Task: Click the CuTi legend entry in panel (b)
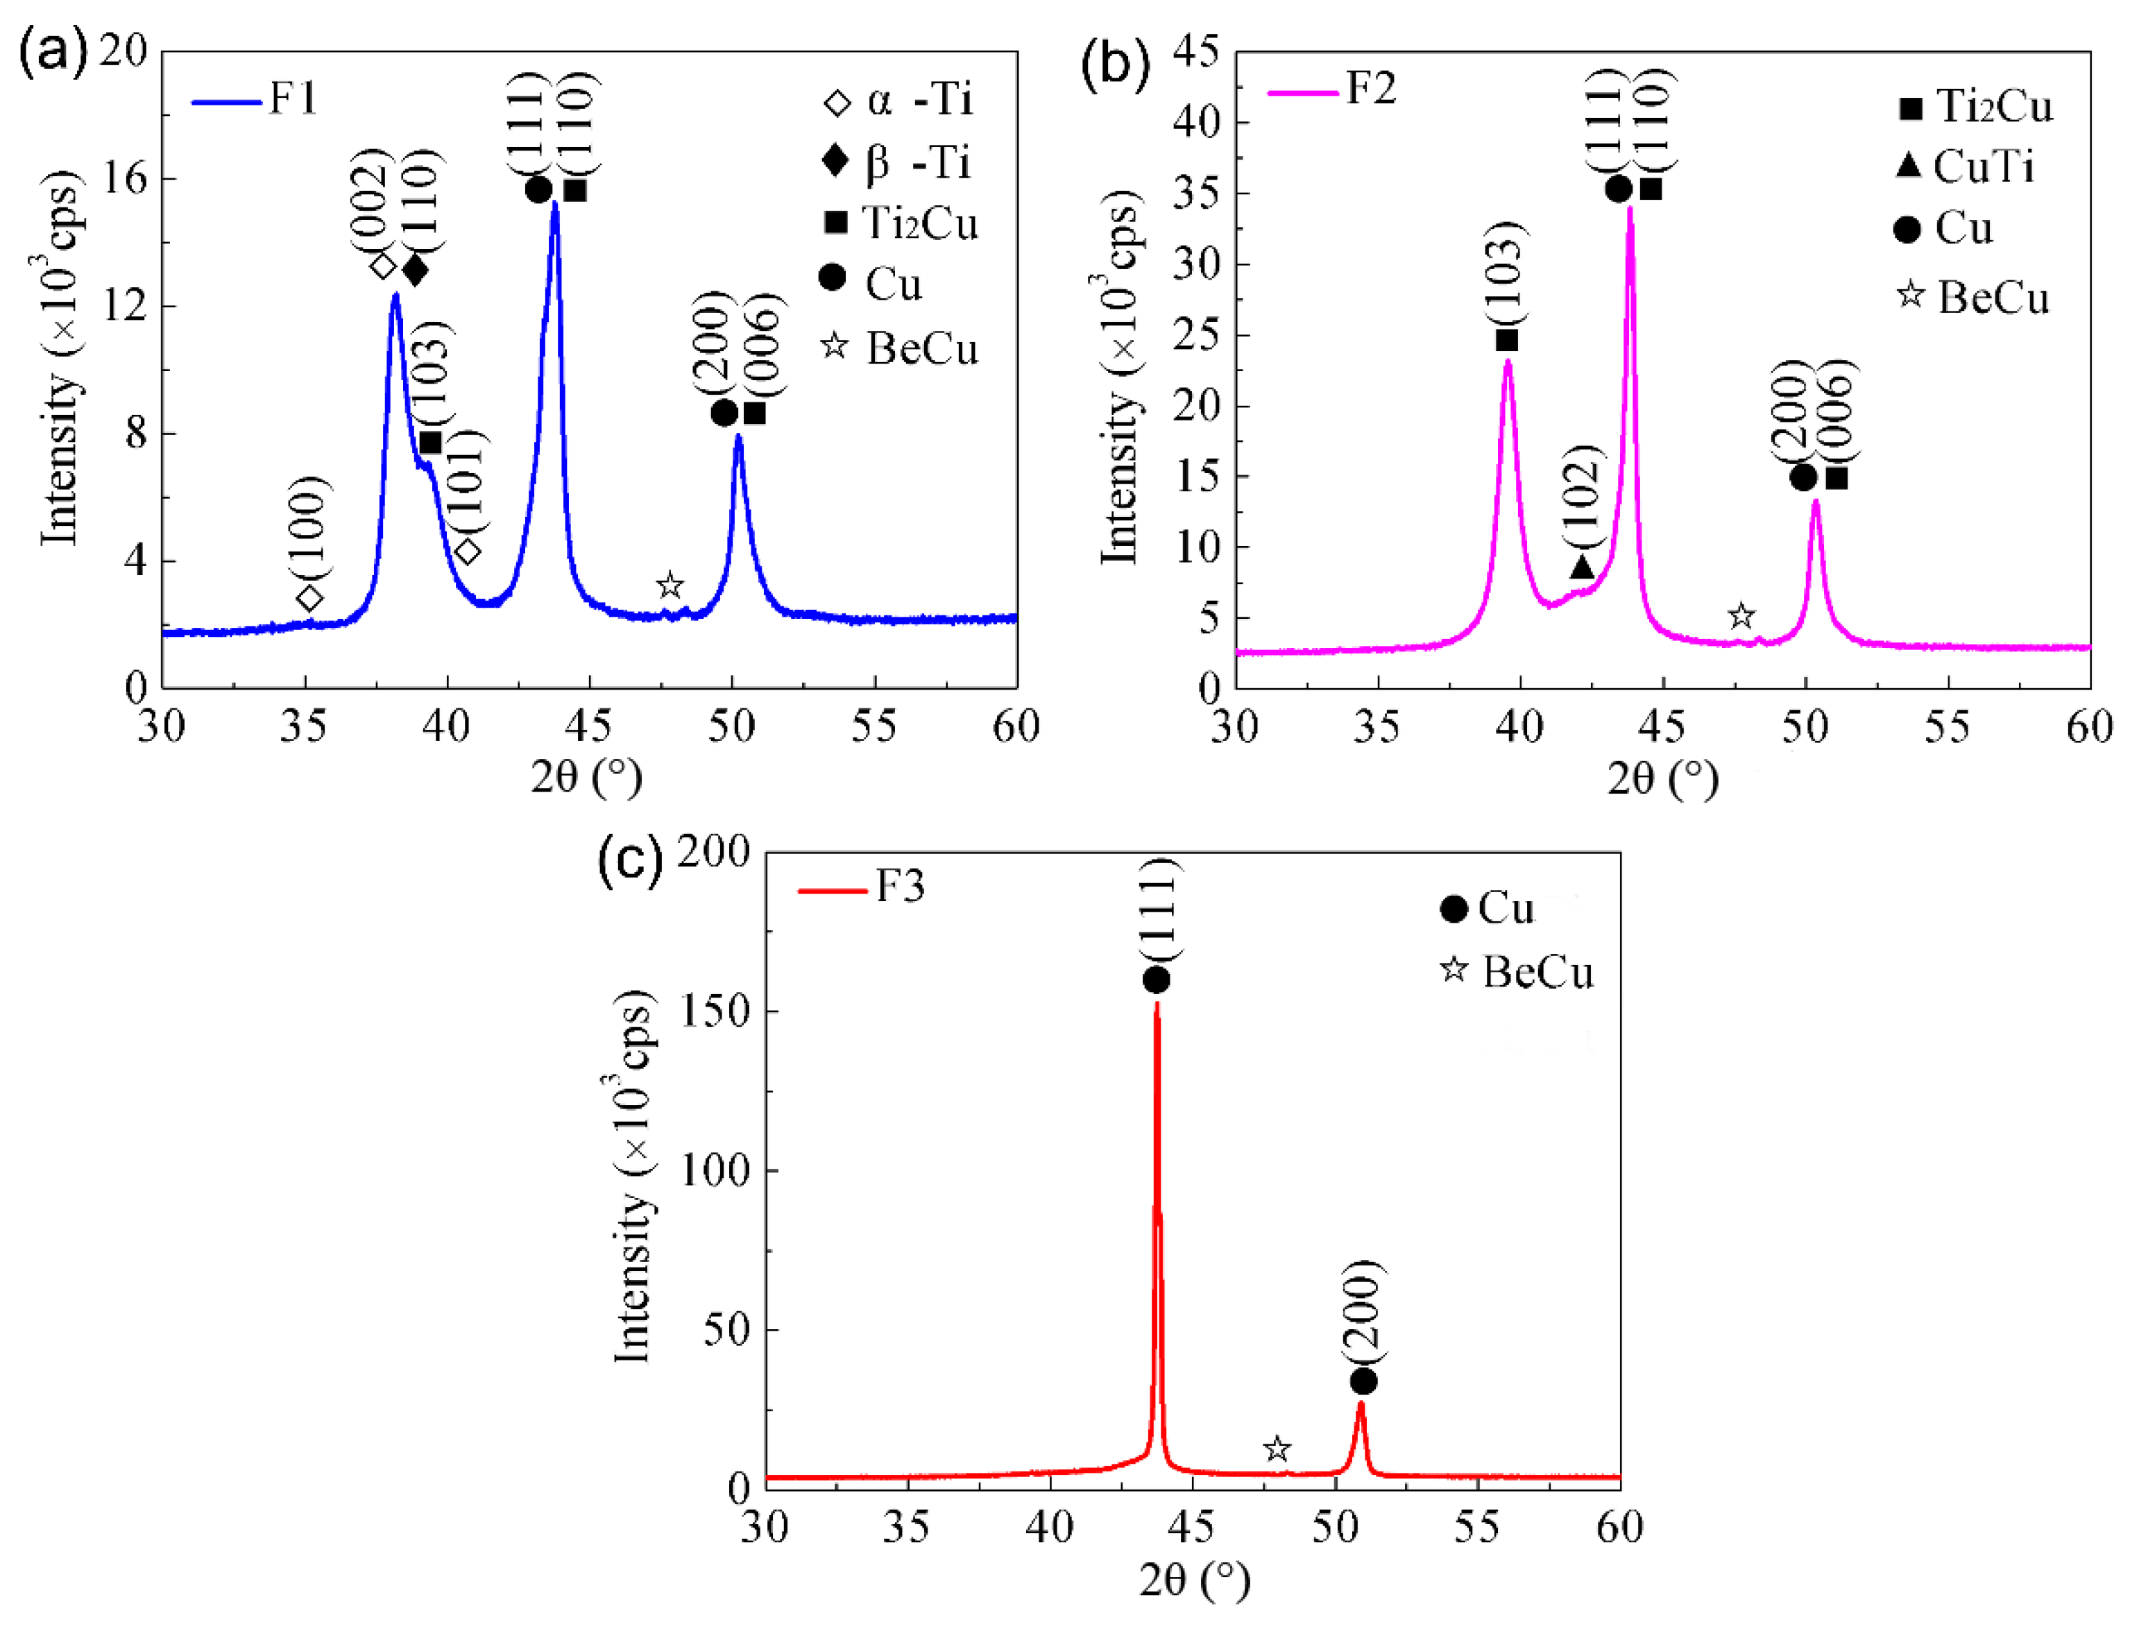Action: tap(1966, 167)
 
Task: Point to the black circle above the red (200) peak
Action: tap(1363, 1381)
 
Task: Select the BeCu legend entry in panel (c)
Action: tap(1517, 972)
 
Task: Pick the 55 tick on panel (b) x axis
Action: tap(1948, 727)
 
